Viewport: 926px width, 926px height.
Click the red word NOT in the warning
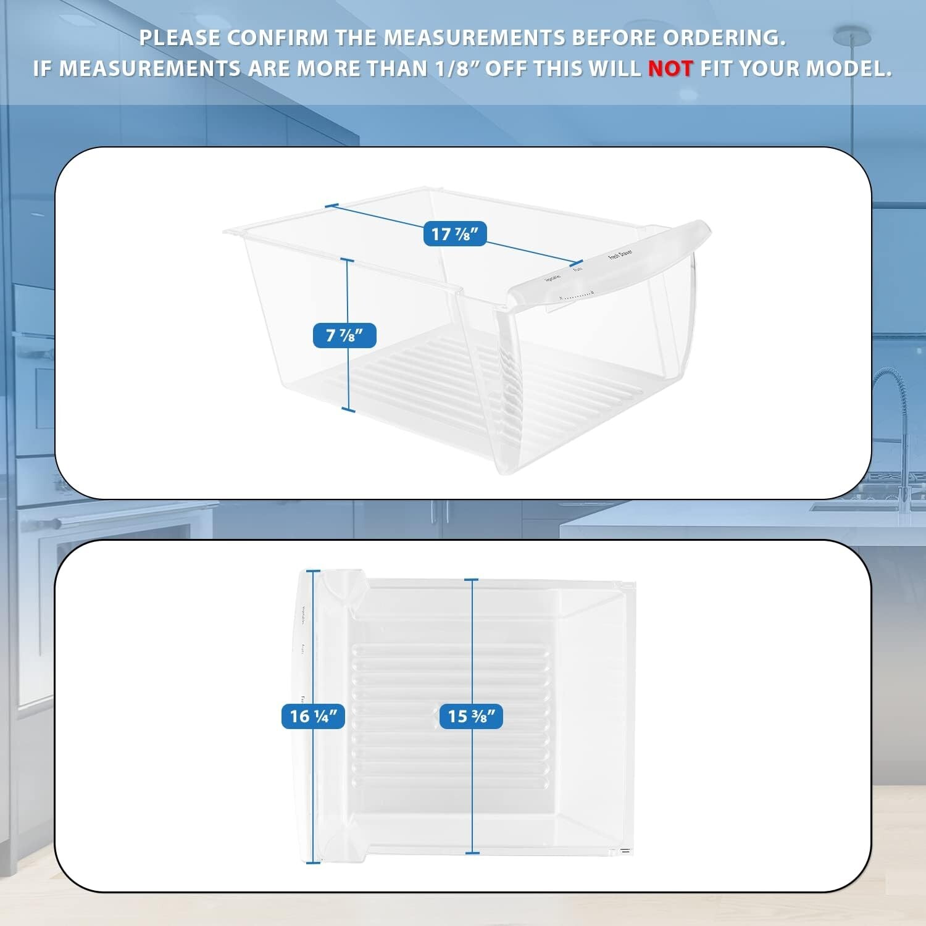pyautogui.click(x=670, y=69)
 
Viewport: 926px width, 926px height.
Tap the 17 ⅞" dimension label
pyautogui.click(x=455, y=234)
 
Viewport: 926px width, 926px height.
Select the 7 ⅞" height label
pyautogui.click(x=344, y=335)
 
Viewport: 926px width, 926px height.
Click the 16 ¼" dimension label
pyautogui.click(x=313, y=716)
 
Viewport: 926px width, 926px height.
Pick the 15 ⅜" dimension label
pyautogui.click(x=471, y=716)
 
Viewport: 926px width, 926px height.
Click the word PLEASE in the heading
pyautogui.click(x=180, y=38)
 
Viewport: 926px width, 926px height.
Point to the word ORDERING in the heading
pyautogui.click(x=724, y=38)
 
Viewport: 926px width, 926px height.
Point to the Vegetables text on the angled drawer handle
pyautogui.click(x=553, y=278)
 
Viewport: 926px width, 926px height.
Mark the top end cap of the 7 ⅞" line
pyautogui.click(x=348, y=261)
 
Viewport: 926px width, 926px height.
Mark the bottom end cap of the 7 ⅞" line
pyautogui.click(x=348, y=409)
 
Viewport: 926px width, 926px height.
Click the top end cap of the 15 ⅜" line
pyautogui.click(x=472, y=580)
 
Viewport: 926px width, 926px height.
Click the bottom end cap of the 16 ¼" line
pyautogui.click(x=314, y=862)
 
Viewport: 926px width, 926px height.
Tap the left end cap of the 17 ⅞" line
pyautogui.click(x=332, y=206)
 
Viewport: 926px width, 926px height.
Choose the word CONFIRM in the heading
pyautogui.click(x=277, y=38)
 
